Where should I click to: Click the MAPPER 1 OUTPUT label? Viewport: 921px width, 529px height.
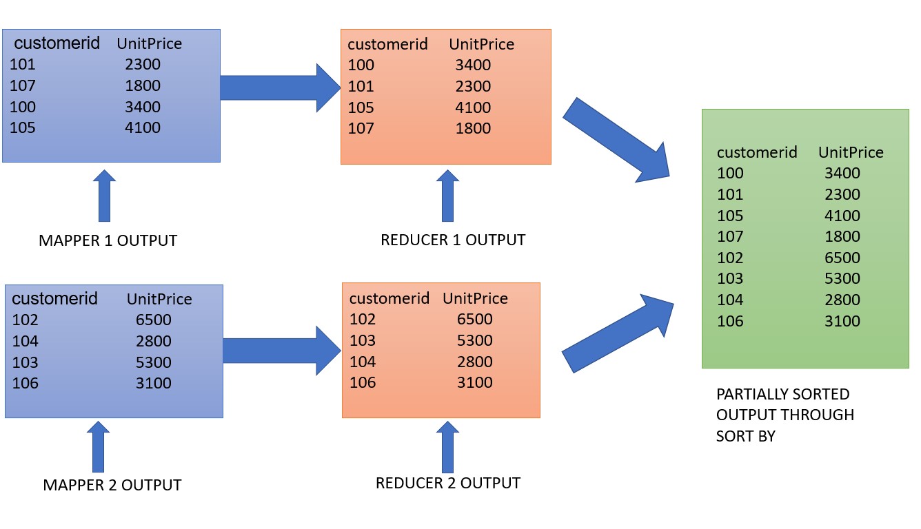pos(108,241)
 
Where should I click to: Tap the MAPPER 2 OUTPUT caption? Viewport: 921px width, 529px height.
pos(112,485)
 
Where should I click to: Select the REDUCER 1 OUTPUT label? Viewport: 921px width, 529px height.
pos(453,240)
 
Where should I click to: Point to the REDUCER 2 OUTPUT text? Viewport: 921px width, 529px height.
pos(448,483)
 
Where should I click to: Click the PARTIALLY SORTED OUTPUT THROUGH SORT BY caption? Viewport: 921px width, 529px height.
pos(785,415)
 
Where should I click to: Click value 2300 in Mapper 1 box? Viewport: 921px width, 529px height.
pos(143,65)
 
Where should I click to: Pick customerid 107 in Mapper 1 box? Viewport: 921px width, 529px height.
pos(23,86)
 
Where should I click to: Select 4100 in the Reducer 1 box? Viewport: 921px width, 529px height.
pos(473,108)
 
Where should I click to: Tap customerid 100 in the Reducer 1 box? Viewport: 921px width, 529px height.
pos(361,65)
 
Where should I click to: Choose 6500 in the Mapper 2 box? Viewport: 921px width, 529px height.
pos(154,320)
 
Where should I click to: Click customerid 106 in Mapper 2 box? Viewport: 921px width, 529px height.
pos(26,384)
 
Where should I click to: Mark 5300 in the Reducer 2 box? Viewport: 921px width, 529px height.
pos(474,341)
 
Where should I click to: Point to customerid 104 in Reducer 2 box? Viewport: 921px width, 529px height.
pos(363,362)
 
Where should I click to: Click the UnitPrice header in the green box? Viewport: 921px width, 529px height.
pos(851,152)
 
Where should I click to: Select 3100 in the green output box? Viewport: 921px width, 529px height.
pos(842,321)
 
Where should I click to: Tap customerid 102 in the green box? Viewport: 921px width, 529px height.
pos(730,258)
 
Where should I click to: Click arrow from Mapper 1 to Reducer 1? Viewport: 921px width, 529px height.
pos(279,88)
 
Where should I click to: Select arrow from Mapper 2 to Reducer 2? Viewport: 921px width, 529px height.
pos(281,351)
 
